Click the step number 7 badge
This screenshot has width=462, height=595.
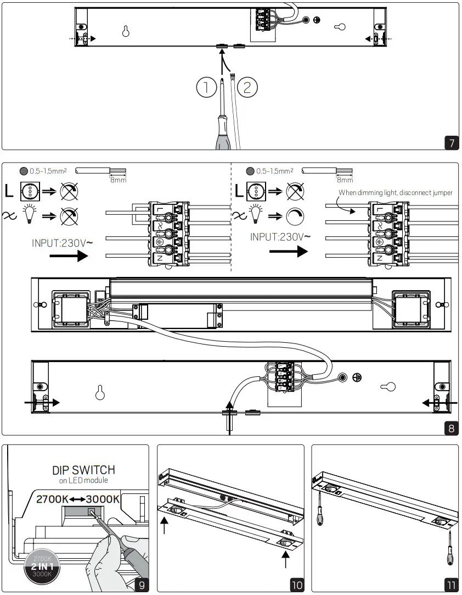[x=451, y=143]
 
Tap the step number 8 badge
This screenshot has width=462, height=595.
[x=451, y=428]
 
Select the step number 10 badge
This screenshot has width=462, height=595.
[x=297, y=585]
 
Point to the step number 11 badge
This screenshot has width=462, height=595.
[x=451, y=585]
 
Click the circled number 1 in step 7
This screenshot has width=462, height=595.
[x=206, y=88]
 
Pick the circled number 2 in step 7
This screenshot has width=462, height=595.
[x=247, y=88]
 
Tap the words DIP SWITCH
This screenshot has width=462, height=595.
[x=84, y=470]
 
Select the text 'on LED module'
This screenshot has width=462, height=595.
[x=84, y=481]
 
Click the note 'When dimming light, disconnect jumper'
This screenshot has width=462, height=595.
[x=395, y=193]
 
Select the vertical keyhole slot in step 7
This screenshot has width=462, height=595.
[x=126, y=31]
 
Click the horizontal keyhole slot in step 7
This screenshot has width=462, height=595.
[x=340, y=26]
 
